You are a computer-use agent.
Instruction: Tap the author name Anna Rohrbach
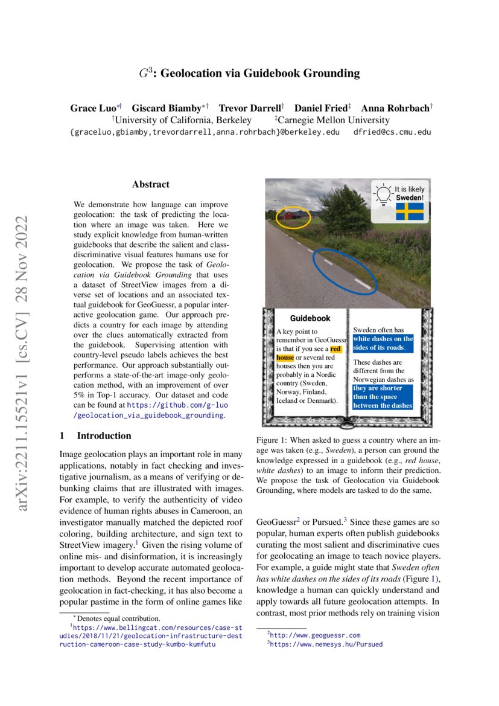click(395, 109)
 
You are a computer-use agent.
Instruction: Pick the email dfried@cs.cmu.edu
click(392, 132)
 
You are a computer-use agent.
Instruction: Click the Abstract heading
click(151, 185)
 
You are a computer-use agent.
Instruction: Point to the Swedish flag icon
click(409, 211)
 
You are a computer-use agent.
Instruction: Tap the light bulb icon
click(383, 194)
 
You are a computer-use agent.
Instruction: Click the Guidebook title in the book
click(310, 318)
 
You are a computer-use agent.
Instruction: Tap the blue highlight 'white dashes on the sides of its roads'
click(383, 343)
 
